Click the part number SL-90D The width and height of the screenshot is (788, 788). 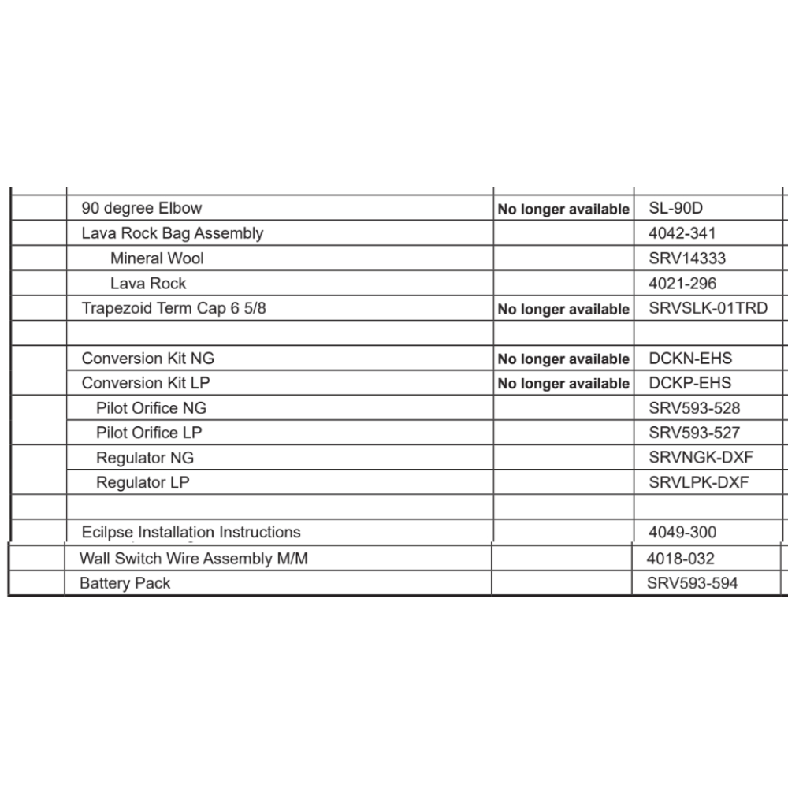(675, 209)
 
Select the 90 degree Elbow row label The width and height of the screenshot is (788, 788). (142, 209)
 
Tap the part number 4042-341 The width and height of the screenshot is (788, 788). (682, 233)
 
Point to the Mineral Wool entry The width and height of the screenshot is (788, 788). (157, 258)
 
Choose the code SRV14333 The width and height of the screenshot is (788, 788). (687, 258)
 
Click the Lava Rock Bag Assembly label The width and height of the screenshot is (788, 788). (173, 233)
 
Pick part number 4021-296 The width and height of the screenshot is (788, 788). (682, 283)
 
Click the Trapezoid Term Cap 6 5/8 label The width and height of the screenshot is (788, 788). (174, 308)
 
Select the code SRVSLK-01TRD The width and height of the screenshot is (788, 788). (708, 308)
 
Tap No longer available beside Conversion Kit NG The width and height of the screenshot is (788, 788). (563, 359)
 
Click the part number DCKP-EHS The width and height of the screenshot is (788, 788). (690, 383)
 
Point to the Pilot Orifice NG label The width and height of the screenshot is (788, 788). (151, 408)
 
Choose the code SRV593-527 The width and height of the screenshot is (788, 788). (694, 433)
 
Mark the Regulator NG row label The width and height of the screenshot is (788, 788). (145, 458)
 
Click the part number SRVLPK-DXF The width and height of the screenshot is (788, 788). (698, 482)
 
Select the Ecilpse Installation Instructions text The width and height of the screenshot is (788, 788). (191, 533)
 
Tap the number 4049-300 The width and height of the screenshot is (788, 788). (682, 533)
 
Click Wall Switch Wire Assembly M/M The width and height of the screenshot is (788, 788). (193, 559)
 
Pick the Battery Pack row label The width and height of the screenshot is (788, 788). (125, 583)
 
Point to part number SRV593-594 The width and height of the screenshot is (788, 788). (692, 583)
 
